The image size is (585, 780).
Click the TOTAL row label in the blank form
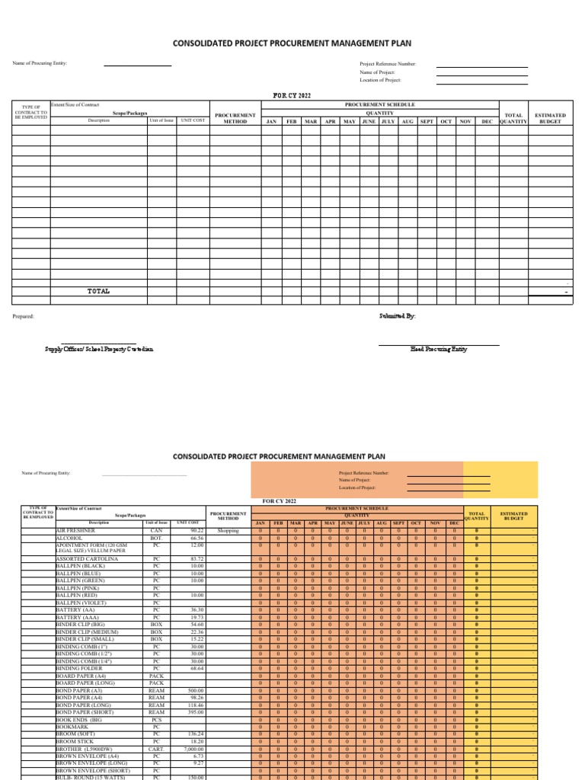coord(98,291)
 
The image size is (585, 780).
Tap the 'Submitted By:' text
coord(398,315)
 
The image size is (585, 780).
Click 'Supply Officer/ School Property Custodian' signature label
coord(99,348)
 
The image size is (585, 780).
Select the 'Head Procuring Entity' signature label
coord(439,348)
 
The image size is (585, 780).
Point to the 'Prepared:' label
coord(24,315)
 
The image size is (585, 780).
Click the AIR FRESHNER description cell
coord(77,530)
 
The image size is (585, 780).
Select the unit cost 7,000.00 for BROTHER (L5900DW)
coord(192,749)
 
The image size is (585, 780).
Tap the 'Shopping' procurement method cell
coord(228,530)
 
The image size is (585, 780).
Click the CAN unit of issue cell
coord(156,530)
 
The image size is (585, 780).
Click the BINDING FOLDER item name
coord(78,668)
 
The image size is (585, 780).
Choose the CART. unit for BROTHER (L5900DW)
coord(156,749)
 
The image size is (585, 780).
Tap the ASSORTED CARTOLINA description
coord(87,559)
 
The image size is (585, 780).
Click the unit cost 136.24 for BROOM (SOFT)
coord(195,734)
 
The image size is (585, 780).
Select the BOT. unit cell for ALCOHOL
coord(156,537)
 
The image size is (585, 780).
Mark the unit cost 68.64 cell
coord(197,668)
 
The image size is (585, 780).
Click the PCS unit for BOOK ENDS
coord(156,719)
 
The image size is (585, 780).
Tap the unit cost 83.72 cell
coord(197,559)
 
